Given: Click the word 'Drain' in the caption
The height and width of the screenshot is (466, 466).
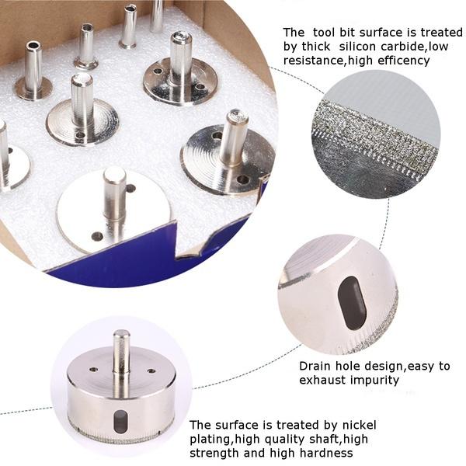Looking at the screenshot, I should click(x=315, y=366).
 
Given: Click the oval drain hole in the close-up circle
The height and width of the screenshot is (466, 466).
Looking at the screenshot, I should click(x=352, y=301).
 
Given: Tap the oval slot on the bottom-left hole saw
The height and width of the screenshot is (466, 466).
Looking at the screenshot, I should click(x=119, y=421).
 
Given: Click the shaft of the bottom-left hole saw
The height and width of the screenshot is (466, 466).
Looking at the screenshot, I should click(x=121, y=353).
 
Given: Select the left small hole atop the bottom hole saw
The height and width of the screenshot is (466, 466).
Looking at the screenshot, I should click(x=92, y=370).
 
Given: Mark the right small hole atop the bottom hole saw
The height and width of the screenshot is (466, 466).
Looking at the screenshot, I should click(x=150, y=371).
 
